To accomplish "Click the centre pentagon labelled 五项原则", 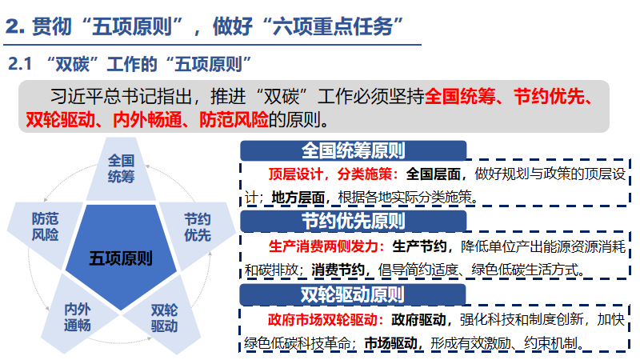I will point(121,258).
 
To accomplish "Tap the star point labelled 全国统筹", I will point(121,168).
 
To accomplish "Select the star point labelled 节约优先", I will point(197,226).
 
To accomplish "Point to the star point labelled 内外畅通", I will point(78,317).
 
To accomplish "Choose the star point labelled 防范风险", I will point(45,226).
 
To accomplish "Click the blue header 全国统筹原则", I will point(353,151).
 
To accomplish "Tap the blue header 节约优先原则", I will point(353,221).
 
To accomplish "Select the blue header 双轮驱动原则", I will point(353,294).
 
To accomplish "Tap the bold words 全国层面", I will point(436,174).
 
